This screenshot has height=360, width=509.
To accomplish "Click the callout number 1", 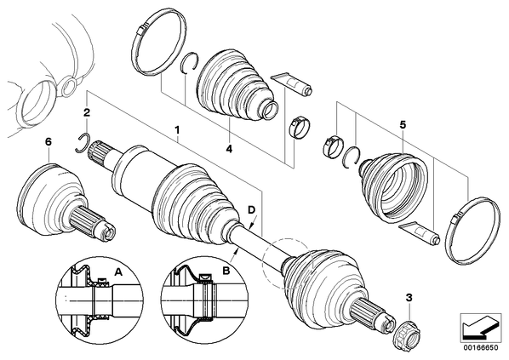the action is click(x=177, y=130).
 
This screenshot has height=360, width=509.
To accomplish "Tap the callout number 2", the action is click(x=87, y=112).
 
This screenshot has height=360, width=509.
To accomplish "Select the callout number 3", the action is click(x=409, y=297).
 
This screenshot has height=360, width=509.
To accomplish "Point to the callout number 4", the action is click(x=229, y=149).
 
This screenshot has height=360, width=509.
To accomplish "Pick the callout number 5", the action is click(x=403, y=124).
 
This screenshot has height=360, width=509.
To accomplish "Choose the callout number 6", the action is click(x=48, y=142).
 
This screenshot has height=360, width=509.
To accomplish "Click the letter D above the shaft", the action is click(x=252, y=209).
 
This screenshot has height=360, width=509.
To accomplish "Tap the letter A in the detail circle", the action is click(x=119, y=271).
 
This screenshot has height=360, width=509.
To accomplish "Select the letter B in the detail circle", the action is click(x=226, y=271).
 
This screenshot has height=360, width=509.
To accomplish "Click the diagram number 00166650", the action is click(x=480, y=347).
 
